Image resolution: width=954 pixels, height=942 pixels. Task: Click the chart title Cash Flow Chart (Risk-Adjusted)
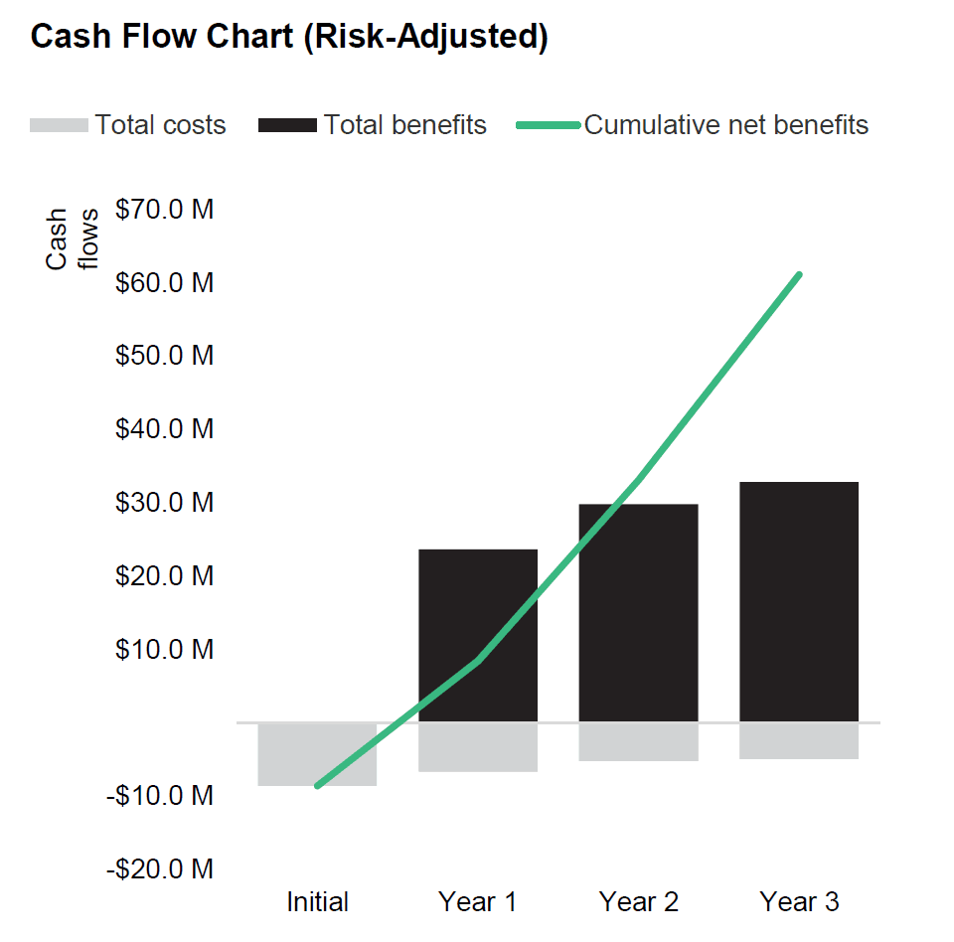[289, 37]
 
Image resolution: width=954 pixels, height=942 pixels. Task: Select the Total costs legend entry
[128, 125]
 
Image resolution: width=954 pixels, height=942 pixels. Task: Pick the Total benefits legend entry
[373, 125]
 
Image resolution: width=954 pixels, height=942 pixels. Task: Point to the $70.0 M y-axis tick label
[165, 210]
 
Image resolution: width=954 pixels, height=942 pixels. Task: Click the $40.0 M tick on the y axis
[165, 429]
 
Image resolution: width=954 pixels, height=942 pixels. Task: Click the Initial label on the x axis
[317, 902]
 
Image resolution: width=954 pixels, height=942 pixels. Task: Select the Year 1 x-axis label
[478, 902]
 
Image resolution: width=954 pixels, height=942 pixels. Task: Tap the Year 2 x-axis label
[639, 902]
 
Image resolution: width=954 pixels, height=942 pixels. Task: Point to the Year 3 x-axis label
[800, 902]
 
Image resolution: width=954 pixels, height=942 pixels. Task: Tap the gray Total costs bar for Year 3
[799, 741]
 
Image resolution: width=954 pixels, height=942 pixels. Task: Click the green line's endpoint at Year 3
[799, 274]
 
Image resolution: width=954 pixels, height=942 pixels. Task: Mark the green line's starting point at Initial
[317, 786]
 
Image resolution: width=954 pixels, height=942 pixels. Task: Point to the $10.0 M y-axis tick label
[165, 650]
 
